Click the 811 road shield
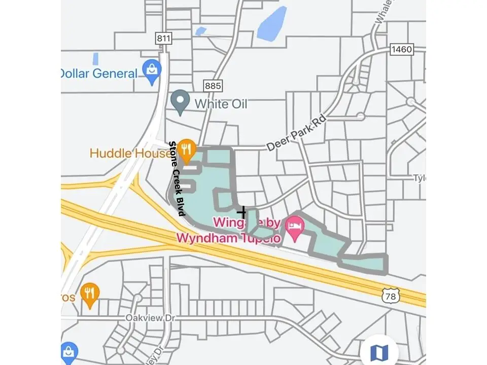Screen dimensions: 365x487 point(163,39)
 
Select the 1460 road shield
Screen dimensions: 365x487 point(401,49)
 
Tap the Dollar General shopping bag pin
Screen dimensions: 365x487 point(152,72)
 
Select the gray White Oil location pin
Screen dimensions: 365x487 point(180,102)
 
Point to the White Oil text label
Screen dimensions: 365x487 point(221,104)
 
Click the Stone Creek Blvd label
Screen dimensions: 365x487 point(177,179)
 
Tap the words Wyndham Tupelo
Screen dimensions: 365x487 point(228,237)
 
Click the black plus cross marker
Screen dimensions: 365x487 point(242,212)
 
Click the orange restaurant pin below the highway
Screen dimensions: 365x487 point(90,294)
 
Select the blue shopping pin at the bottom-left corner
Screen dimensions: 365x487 point(69,352)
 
